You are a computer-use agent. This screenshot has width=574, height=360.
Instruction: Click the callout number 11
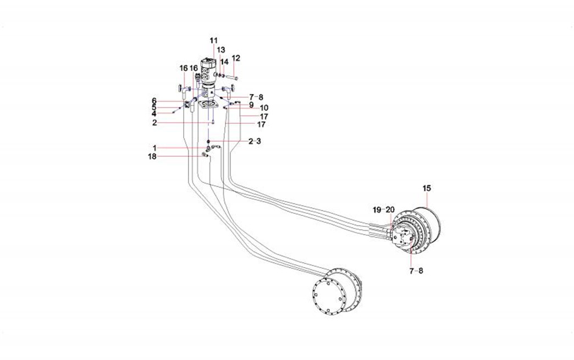[x=214, y=41]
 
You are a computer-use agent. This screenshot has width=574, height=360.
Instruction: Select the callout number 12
[x=236, y=58]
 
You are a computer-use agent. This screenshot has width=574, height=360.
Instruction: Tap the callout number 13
[x=220, y=50]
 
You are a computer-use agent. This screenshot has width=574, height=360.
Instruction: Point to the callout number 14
[x=224, y=62]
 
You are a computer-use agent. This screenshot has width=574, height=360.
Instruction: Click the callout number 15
[x=427, y=188]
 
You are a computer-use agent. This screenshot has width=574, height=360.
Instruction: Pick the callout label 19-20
[x=384, y=210]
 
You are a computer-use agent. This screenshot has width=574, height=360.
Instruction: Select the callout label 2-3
[x=254, y=141]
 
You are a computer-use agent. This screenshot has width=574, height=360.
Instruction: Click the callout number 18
[x=152, y=156]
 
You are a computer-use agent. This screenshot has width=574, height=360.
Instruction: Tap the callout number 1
[x=154, y=148]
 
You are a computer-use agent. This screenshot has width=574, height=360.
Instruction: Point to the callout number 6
[x=154, y=100]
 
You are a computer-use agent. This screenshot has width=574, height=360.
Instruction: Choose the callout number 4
[x=154, y=114]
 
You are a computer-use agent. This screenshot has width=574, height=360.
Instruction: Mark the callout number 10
[x=264, y=108]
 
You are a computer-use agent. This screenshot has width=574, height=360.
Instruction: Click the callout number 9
[x=251, y=104]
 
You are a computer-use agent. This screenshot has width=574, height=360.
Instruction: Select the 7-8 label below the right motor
[x=416, y=270]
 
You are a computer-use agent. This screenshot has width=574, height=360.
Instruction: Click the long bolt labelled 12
[x=231, y=76]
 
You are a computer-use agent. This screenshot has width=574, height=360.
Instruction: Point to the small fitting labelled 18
[x=205, y=156]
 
